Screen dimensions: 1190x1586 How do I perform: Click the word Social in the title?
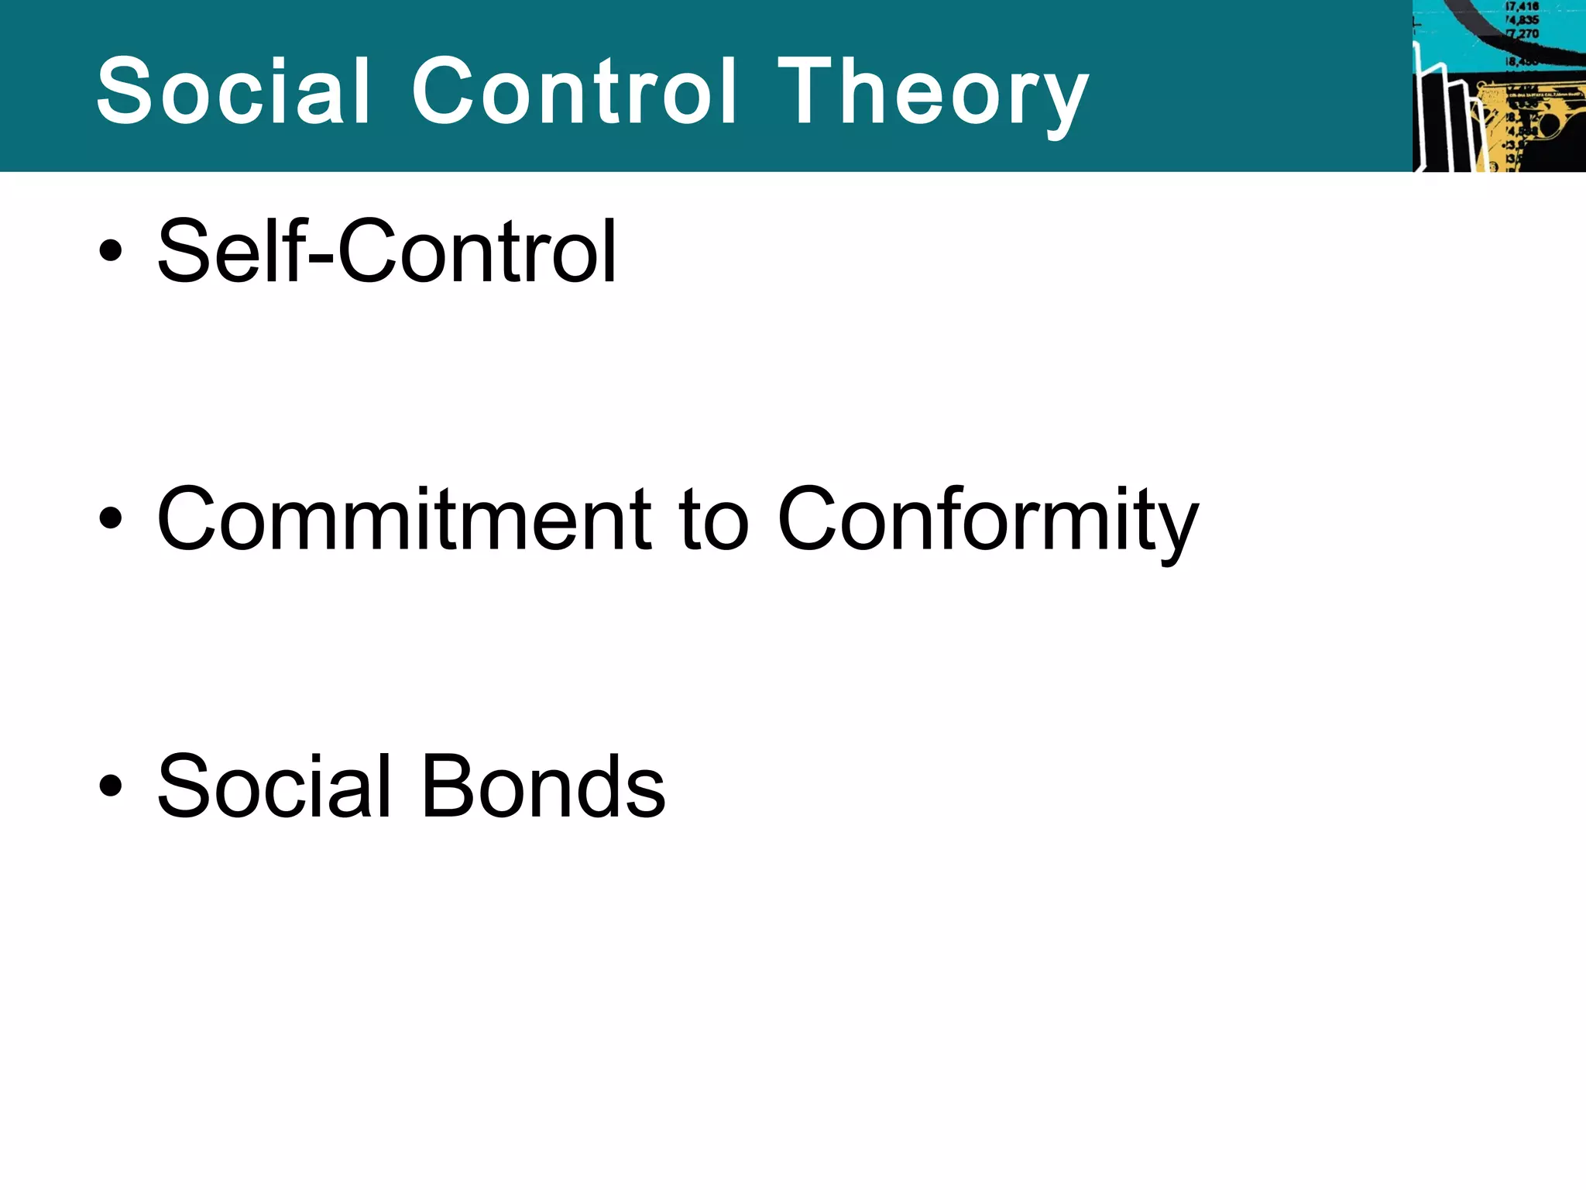232,91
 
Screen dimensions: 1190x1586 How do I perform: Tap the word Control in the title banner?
574,91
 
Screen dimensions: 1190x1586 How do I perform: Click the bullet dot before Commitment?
110,518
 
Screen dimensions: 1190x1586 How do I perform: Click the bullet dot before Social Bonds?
110,786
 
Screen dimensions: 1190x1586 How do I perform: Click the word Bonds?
543,787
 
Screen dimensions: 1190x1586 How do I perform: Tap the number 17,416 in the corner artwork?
1522,7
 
